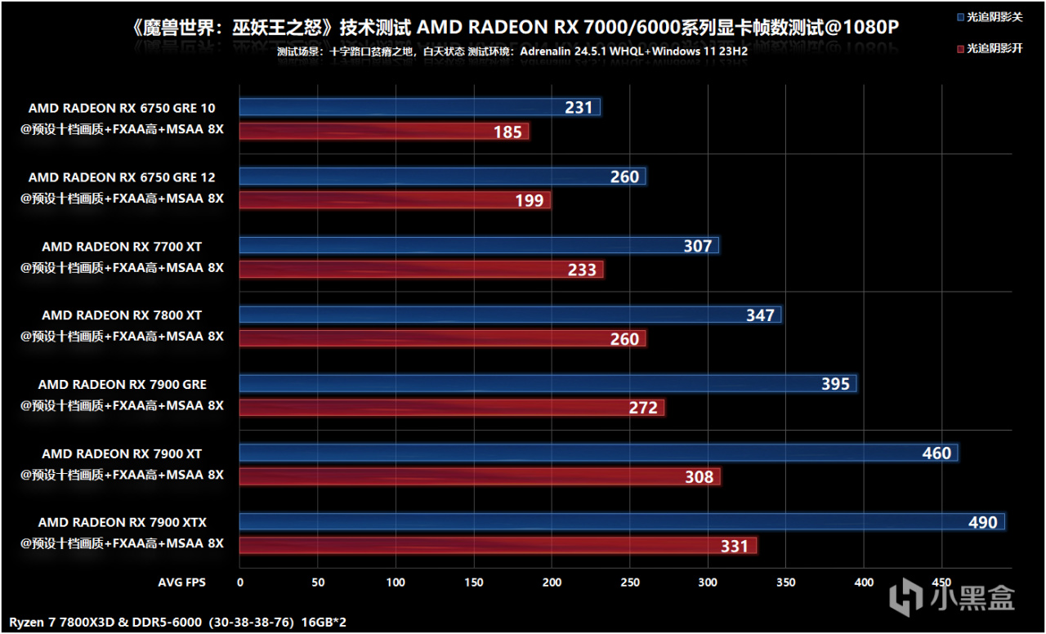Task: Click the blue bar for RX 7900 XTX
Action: pos(621,522)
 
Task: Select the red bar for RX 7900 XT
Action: pos(480,476)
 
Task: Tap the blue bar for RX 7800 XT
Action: pos(510,315)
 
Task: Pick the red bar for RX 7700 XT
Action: pos(421,270)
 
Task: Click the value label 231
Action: pos(579,108)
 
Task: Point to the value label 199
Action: pos(530,200)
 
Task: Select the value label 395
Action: pos(835,384)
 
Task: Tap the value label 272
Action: pos(643,407)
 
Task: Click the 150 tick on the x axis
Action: pos(474,583)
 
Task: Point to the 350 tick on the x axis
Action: pos(786,583)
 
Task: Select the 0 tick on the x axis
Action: pos(239,583)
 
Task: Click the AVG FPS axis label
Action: pos(181,583)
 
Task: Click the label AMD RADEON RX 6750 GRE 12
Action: pos(122,177)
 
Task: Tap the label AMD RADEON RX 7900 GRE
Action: pos(123,384)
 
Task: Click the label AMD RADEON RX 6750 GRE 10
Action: pos(122,108)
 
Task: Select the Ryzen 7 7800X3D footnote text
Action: pos(178,623)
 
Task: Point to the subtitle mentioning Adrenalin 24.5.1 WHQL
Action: pos(512,51)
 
